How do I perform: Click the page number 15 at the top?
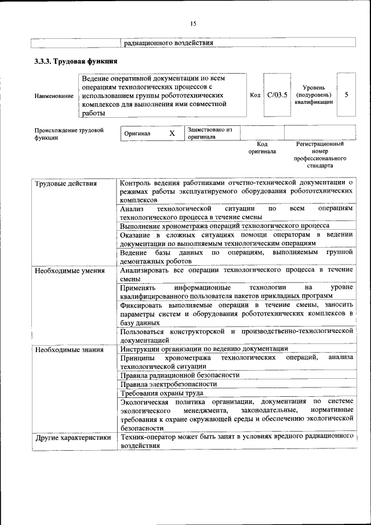pyautogui.click(x=193, y=24)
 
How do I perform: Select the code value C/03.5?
pyautogui.click(x=277, y=95)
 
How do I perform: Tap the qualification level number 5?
pyautogui.click(x=346, y=95)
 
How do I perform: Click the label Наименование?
pyautogui.click(x=54, y=95)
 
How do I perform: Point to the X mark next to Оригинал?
pyautogui.click(x=172, y=133)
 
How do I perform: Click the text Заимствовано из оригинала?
pyautogui.click(x=209, y=133)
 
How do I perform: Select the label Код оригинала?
pyautogui.click(x=262, y=147)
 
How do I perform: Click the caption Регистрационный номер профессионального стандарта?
pyautogui.click(x=319, y=154)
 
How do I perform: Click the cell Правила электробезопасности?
pyautogui.click(x=168, y=384)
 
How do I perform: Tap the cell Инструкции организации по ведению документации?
pyautogui.click(x=204, y=349)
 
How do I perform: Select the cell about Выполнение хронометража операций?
pyautogui.click(x=225, y=226)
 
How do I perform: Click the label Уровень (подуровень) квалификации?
pyautogui.click(x=317, y=95)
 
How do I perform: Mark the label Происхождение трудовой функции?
pyautogui.click(x=69, y=134)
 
